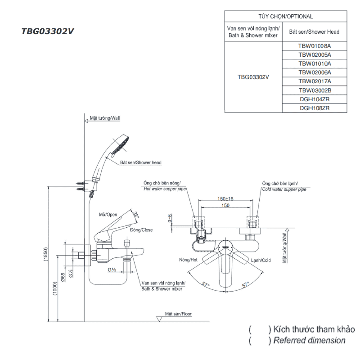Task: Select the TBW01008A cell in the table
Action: (x=314, y=45)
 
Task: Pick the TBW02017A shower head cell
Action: (x=314, y=81)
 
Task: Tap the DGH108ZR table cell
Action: (x=314, y=108)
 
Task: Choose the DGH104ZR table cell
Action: (x=314, y=99)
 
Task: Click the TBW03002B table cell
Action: (x=314, y=90)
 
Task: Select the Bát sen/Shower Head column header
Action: (x=314, y=32)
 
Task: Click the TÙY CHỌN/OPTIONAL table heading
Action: (x=286, y=17)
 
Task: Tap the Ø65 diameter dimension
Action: (x=63, y=278)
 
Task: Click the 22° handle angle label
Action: (x=136, y=215)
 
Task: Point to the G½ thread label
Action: (x=112, y=270)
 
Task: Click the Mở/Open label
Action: (x=108, y=215)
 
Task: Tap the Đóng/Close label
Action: (x=141, y=230)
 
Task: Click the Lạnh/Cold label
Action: (x=261, y=260)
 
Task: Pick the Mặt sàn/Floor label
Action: (x=178, y=314)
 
